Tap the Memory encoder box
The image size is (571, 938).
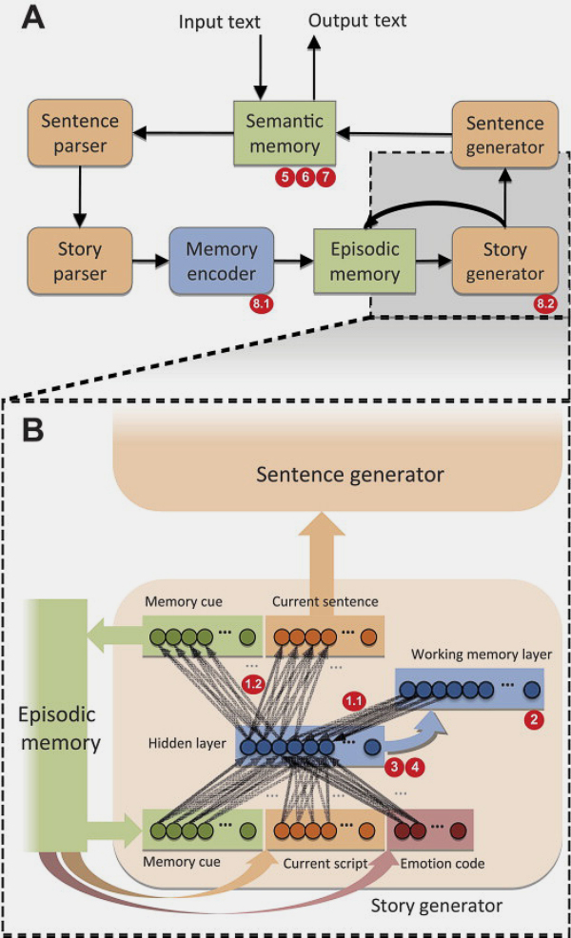tap(221, 261)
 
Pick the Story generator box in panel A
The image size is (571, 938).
tap(504, 261)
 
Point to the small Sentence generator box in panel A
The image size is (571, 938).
tap(504, 135)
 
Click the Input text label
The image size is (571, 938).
tap(220, 21)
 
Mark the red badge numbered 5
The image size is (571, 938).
tap(283, 176)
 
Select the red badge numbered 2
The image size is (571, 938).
tap(534, 720)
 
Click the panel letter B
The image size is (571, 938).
tap(36, 429)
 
